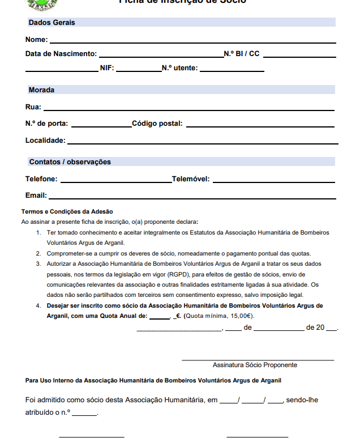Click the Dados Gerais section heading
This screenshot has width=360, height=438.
tap(52, 23)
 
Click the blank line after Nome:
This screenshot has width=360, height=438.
tap(192, 41)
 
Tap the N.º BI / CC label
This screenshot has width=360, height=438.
tap(242, 54)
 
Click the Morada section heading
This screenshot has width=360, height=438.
tap(41, 90)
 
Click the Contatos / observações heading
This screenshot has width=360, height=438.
tap(70, 162)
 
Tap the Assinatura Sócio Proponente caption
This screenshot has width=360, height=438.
tap(255, 365)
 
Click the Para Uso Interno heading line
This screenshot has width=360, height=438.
tap(153, 380)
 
